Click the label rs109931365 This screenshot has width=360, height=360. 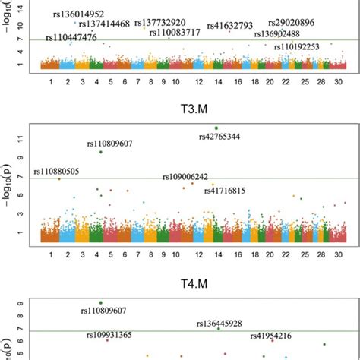(109, 335)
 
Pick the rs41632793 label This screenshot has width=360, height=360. (229, 26)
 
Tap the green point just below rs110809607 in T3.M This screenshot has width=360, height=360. (100, 152)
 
